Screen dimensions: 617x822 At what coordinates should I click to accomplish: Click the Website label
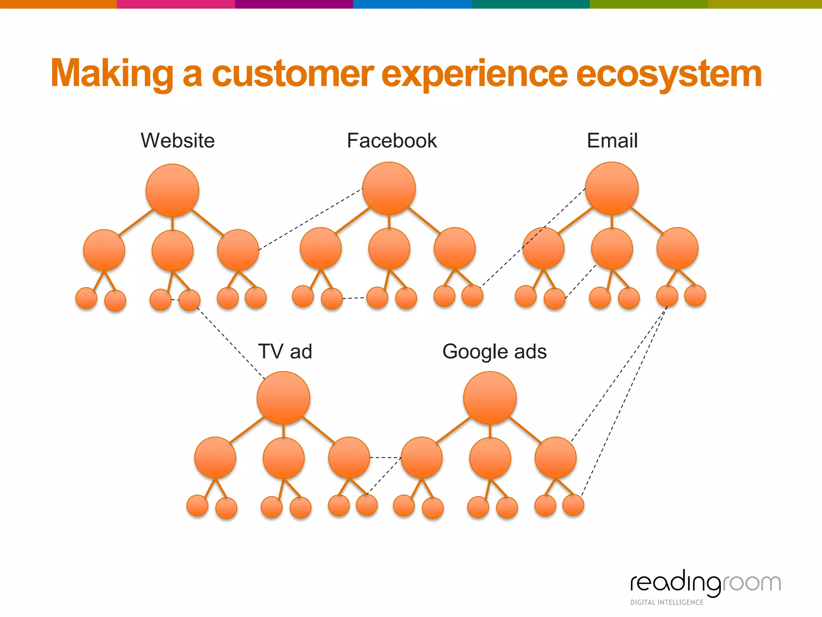click(x=177, y=141)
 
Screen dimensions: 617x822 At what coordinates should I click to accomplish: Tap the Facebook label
click(x=392, y=141)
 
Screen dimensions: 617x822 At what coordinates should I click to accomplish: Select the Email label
click(x=612, y=141)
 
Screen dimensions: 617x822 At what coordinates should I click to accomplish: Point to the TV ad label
click(x=285, y=351)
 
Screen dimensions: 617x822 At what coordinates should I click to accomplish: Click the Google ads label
click(x=494, y=351)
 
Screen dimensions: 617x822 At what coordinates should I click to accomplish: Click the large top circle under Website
click(x=172, y=190)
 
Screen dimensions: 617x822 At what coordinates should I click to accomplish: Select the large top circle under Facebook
click(x=389, y=188)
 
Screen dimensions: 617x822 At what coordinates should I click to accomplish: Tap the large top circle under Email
click(x=612, y=188)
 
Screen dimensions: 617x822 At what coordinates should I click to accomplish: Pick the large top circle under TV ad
click(x=283, y=398)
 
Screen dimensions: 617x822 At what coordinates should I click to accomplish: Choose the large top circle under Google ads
click(x=490, y=398)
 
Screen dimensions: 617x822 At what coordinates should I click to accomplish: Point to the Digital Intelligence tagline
click(x=667, y=602)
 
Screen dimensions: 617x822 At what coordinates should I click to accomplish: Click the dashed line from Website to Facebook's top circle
click(x=311, y=219)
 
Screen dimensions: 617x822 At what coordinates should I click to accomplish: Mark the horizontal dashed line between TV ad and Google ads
click(x=385, y=458)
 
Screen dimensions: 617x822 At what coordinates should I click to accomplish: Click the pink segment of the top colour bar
click(x=175, y=4)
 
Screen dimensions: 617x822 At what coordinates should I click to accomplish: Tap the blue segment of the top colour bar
click(x=412, y=4)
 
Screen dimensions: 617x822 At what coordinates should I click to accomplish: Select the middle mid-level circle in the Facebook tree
click(x=389, y=249)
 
